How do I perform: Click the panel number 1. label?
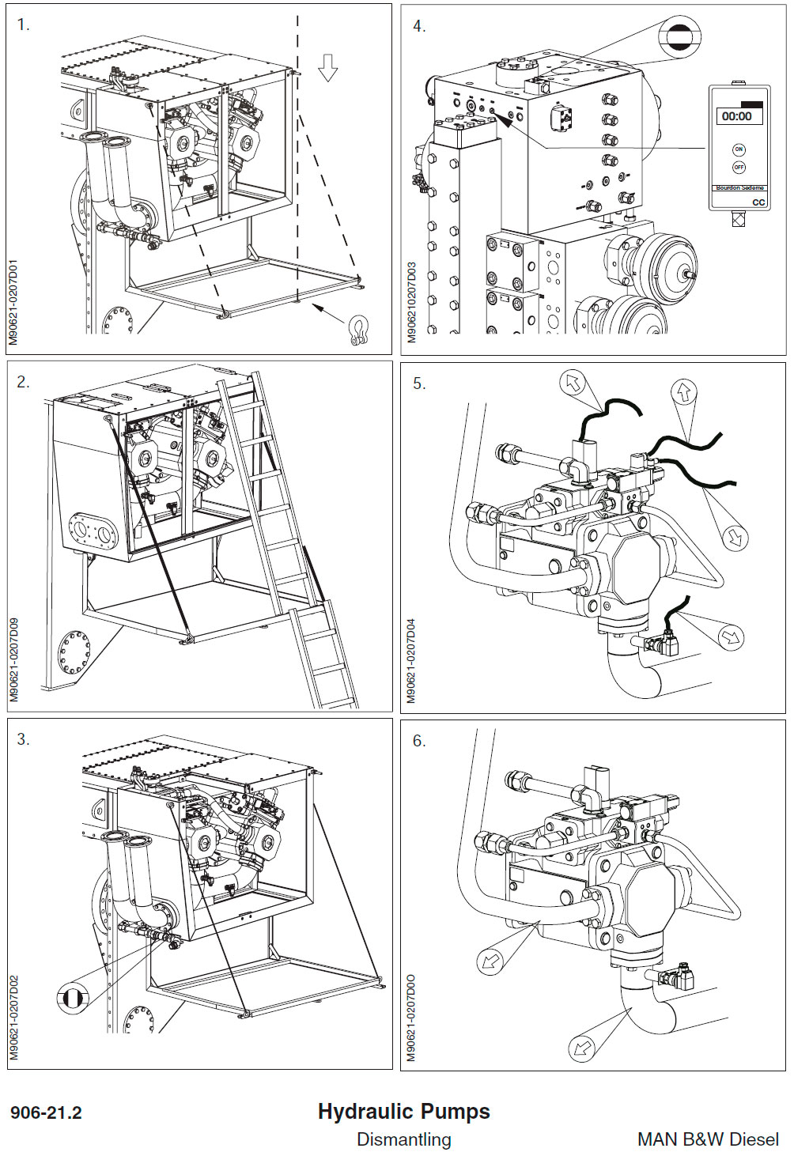coord(23,25)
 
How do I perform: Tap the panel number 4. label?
coord(419,26)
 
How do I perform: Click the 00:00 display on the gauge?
coord(736,116)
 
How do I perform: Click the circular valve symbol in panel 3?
coord(73,998)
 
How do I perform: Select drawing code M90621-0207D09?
coord(14,660)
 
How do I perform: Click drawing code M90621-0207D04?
coord(410,660)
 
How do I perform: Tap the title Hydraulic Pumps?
coord(403,1111)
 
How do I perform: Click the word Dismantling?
coord(403,1139)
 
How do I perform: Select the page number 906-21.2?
coord(46,1112)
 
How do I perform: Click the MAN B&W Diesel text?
coord(707,1139)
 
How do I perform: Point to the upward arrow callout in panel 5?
coord(683,391)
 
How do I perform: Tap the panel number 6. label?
coord(419,741)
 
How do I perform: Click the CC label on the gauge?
coord(758,202)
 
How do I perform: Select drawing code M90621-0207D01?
coord(14,303)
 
